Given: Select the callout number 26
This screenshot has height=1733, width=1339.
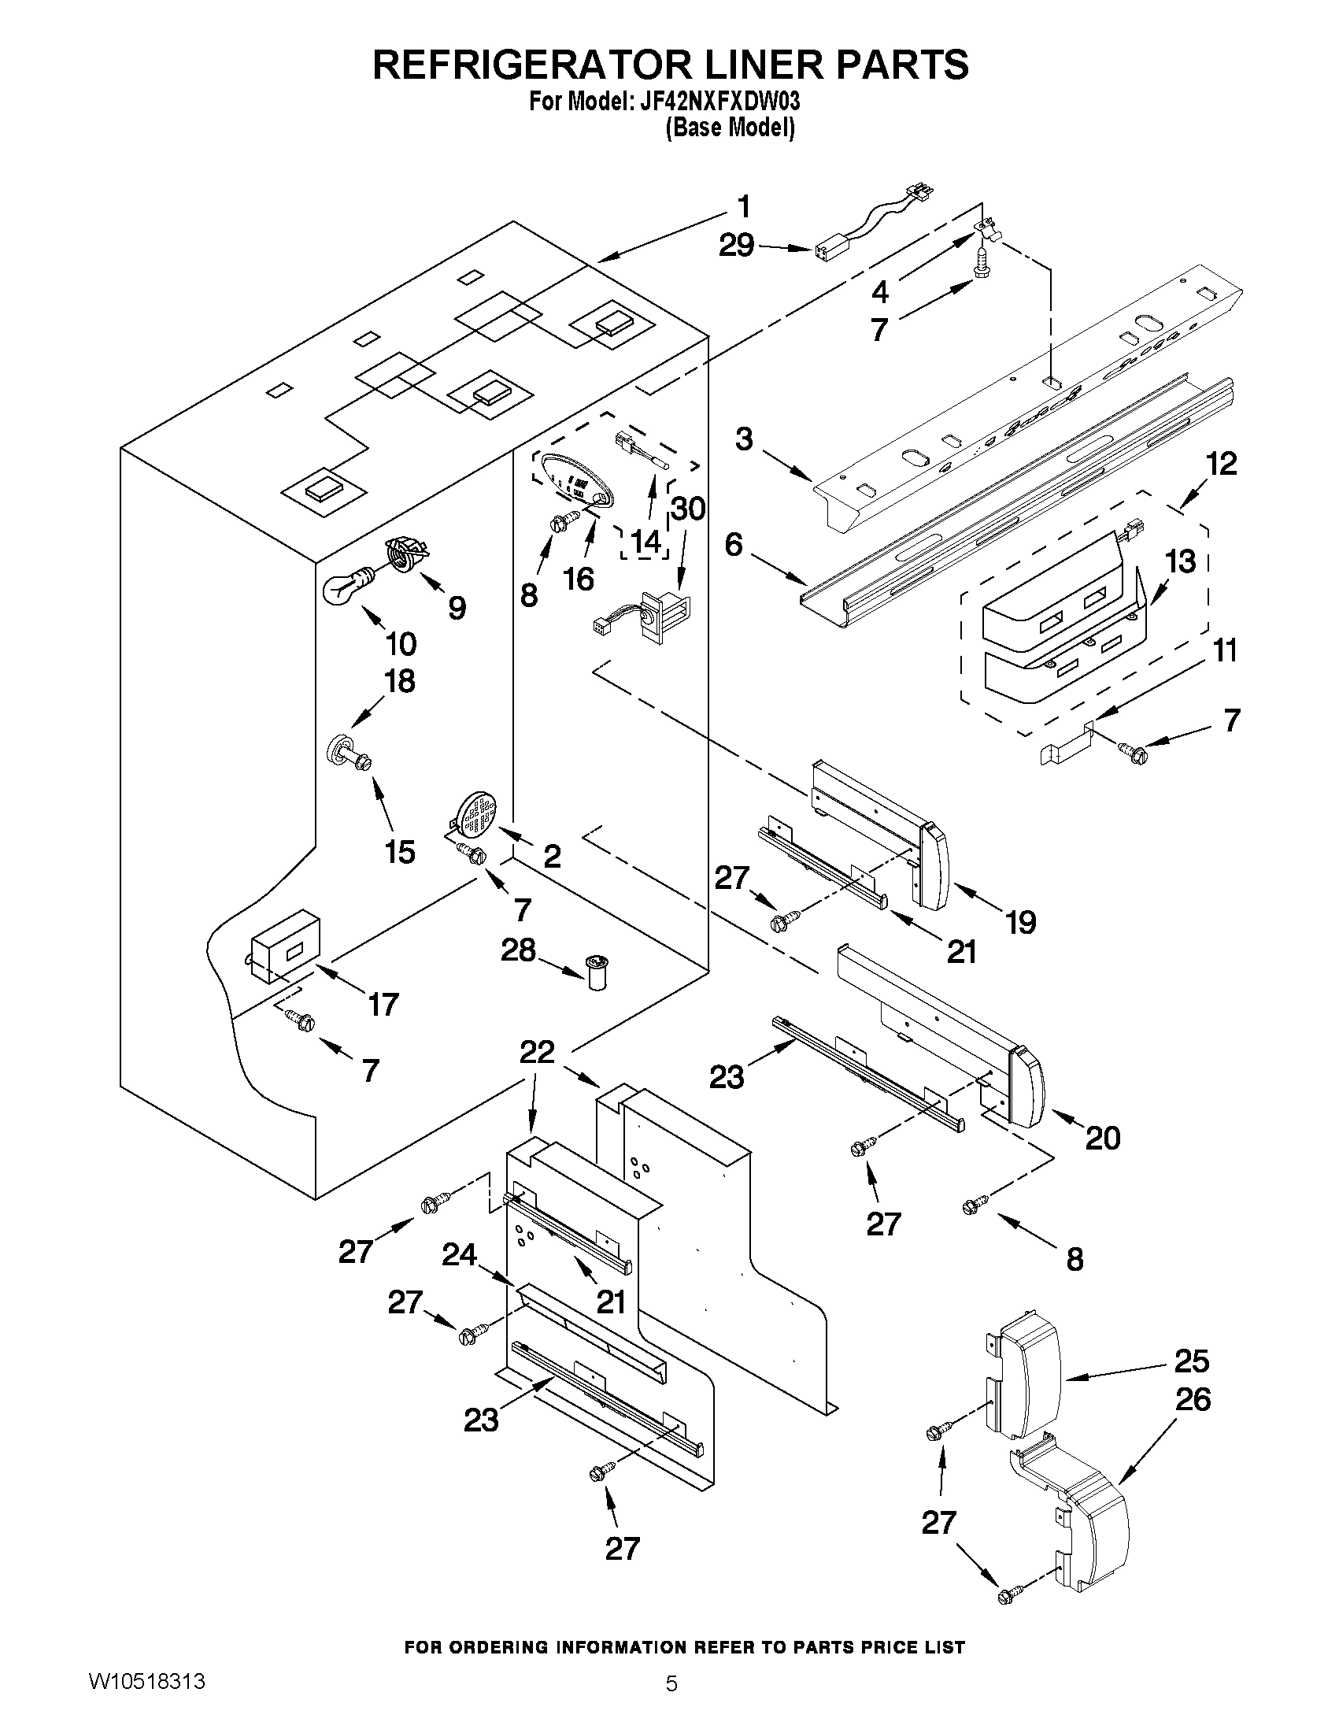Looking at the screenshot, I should pyautogui.click(x=1193, y=1398).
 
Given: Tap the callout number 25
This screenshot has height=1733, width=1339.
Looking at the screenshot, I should pyautogui.click(x=1192, y=1361).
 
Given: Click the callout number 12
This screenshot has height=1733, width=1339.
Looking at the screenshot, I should pyautogui.click(x=1221, y=464).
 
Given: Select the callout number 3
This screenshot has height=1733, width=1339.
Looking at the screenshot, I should pyautogui.click(x=743, y=439).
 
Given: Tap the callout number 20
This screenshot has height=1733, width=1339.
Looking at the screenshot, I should pyautogui.click(x=1102, y=1138).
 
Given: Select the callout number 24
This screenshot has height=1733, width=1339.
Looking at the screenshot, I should pyautogui.click(x=459, y=1254).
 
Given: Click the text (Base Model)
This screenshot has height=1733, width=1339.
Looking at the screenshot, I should pyautogui.click(x=729, y=127).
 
